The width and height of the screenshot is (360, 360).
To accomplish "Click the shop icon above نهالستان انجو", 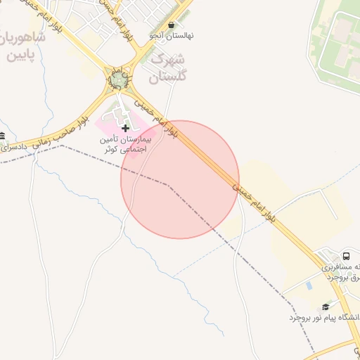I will tap(170, 24).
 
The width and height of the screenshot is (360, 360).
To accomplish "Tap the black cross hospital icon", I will tap(125, 128).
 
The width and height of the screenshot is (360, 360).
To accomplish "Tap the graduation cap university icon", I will tap(325, 307).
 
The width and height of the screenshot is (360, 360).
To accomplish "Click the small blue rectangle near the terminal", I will tap(309, 286).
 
